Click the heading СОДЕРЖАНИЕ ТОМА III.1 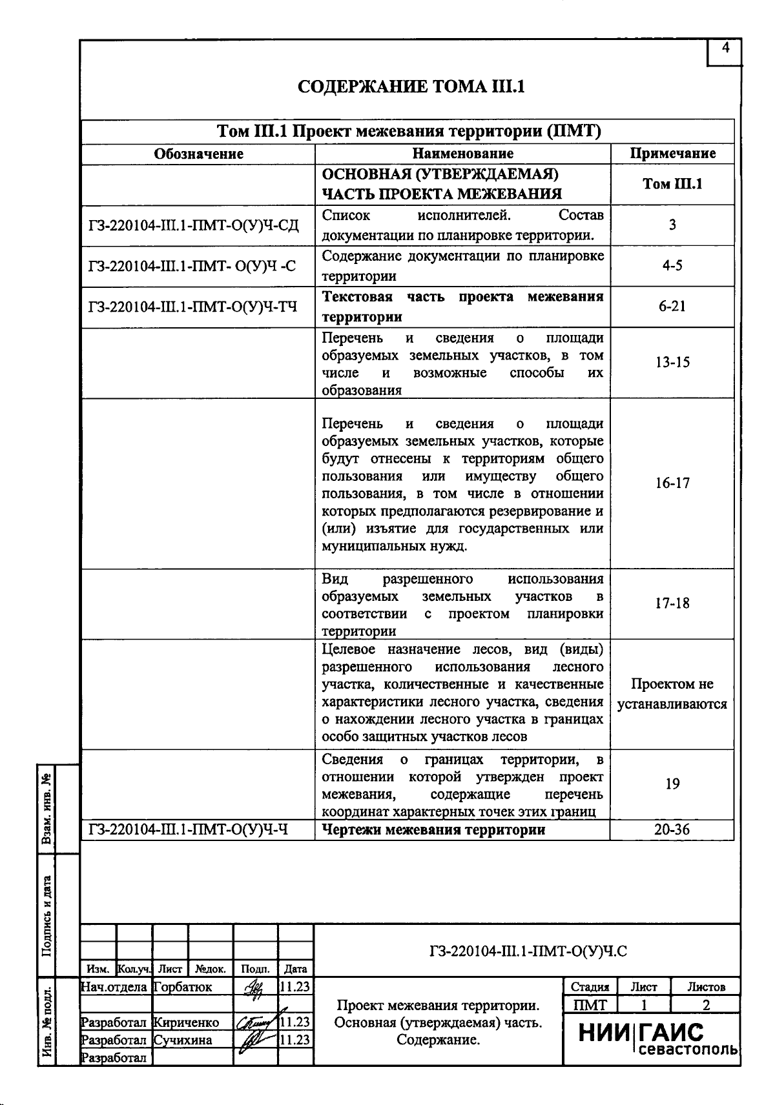[411, 86]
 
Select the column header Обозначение [198, 154]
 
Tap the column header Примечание [672, 154]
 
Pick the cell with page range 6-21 [672, 307]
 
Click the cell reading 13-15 [672, 362]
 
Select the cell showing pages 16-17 [672, 483]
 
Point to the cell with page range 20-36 [672, 829]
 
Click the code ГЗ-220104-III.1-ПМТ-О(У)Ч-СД [194, 225]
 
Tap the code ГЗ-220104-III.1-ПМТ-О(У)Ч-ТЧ [192, 307]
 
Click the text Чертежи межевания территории [433, 829]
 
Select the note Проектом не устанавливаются [672, 694]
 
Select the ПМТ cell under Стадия [590, 1005]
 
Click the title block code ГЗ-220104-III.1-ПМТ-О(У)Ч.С [528, 951]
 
